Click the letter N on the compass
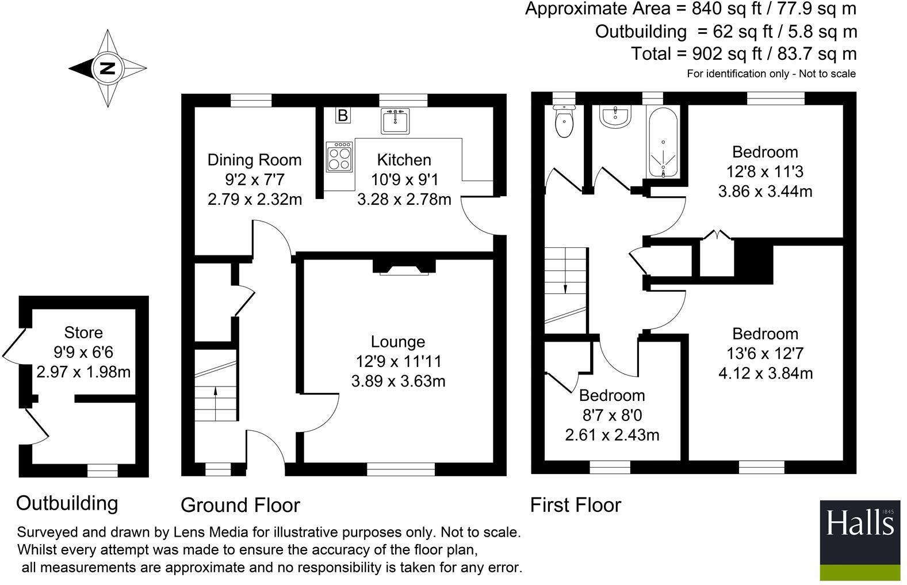(x=108, y=68)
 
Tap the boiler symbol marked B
(x=342, y=116)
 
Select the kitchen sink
(x=394, y=122)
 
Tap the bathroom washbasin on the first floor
(x=615, y=117)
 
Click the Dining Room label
(x=254, y=160)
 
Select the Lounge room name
(x=398, y=342)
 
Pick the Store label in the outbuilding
(x=83, y=332)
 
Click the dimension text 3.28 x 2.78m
(x=404, y=200)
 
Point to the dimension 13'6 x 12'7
(x=765, y=353)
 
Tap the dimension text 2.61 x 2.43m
(x=612, y=435)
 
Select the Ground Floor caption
(x=240, y=505)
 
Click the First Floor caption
(x=575, y=505)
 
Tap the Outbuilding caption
(x=67, y=503)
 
